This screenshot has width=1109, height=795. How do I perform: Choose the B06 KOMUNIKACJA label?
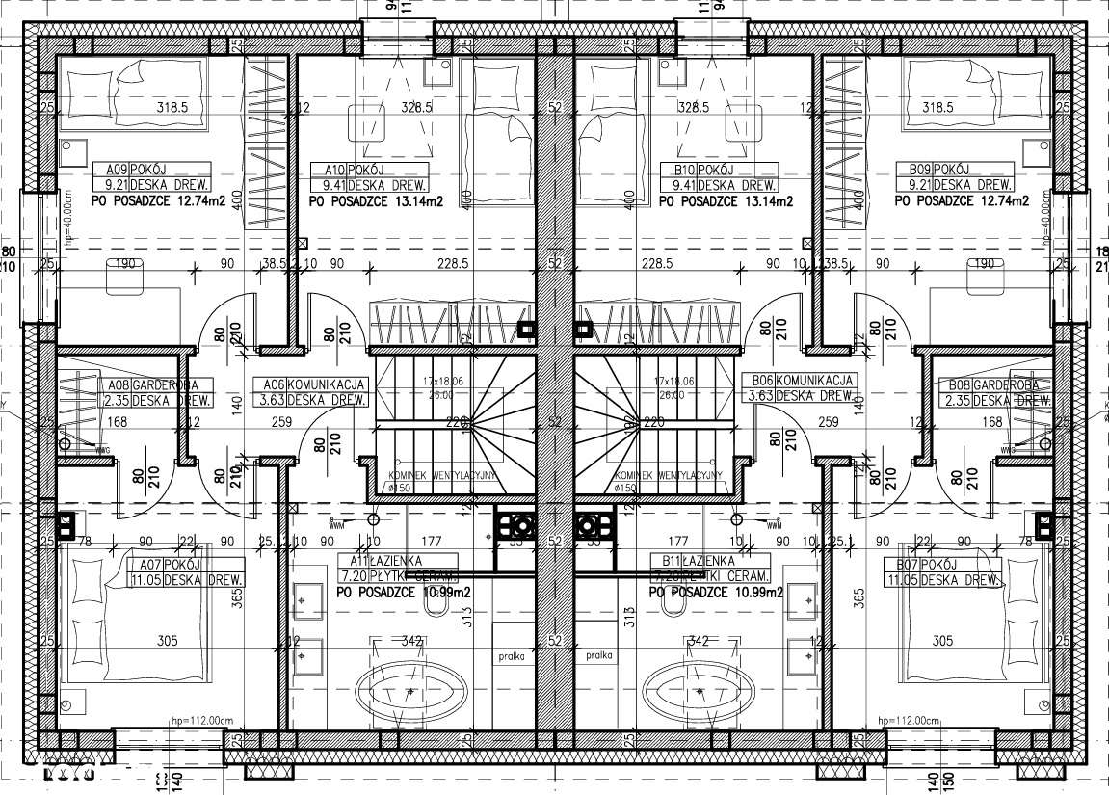[804, 382]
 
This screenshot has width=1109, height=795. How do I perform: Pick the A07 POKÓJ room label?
[155, 563]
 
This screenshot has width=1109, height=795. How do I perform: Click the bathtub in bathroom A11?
[411, 691]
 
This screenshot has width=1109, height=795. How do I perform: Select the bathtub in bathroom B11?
[699, 691]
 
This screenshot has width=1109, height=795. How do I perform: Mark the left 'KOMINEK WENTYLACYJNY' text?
[442, 476]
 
